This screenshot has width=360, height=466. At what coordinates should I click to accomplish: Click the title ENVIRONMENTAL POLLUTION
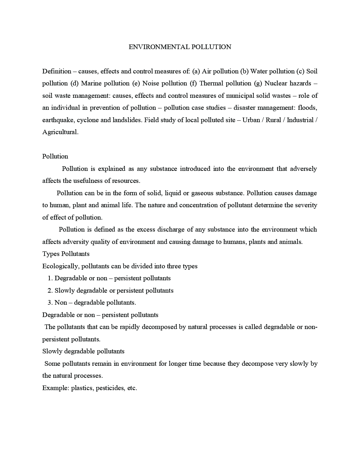180,47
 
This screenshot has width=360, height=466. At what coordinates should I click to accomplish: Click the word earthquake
58,120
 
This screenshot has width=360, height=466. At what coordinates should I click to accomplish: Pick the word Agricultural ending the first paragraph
60,132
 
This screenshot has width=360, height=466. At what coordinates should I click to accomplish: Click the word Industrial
300,120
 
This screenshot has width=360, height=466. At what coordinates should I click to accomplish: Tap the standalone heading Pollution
55,156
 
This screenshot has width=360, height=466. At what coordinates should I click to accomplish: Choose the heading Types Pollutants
66,254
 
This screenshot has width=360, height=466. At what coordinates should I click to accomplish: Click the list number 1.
50,278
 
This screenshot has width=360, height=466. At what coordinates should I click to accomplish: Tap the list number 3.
50,303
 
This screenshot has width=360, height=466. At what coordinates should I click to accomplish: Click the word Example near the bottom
55,388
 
